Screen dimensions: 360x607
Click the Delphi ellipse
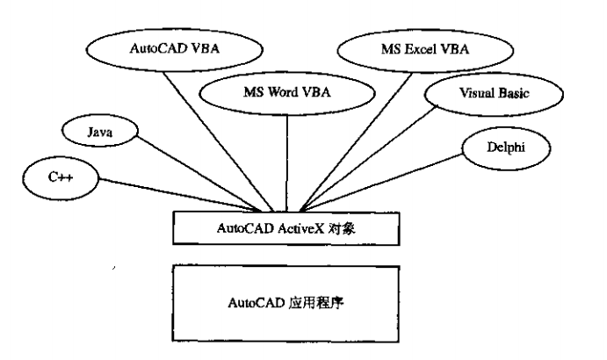(505, 148)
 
